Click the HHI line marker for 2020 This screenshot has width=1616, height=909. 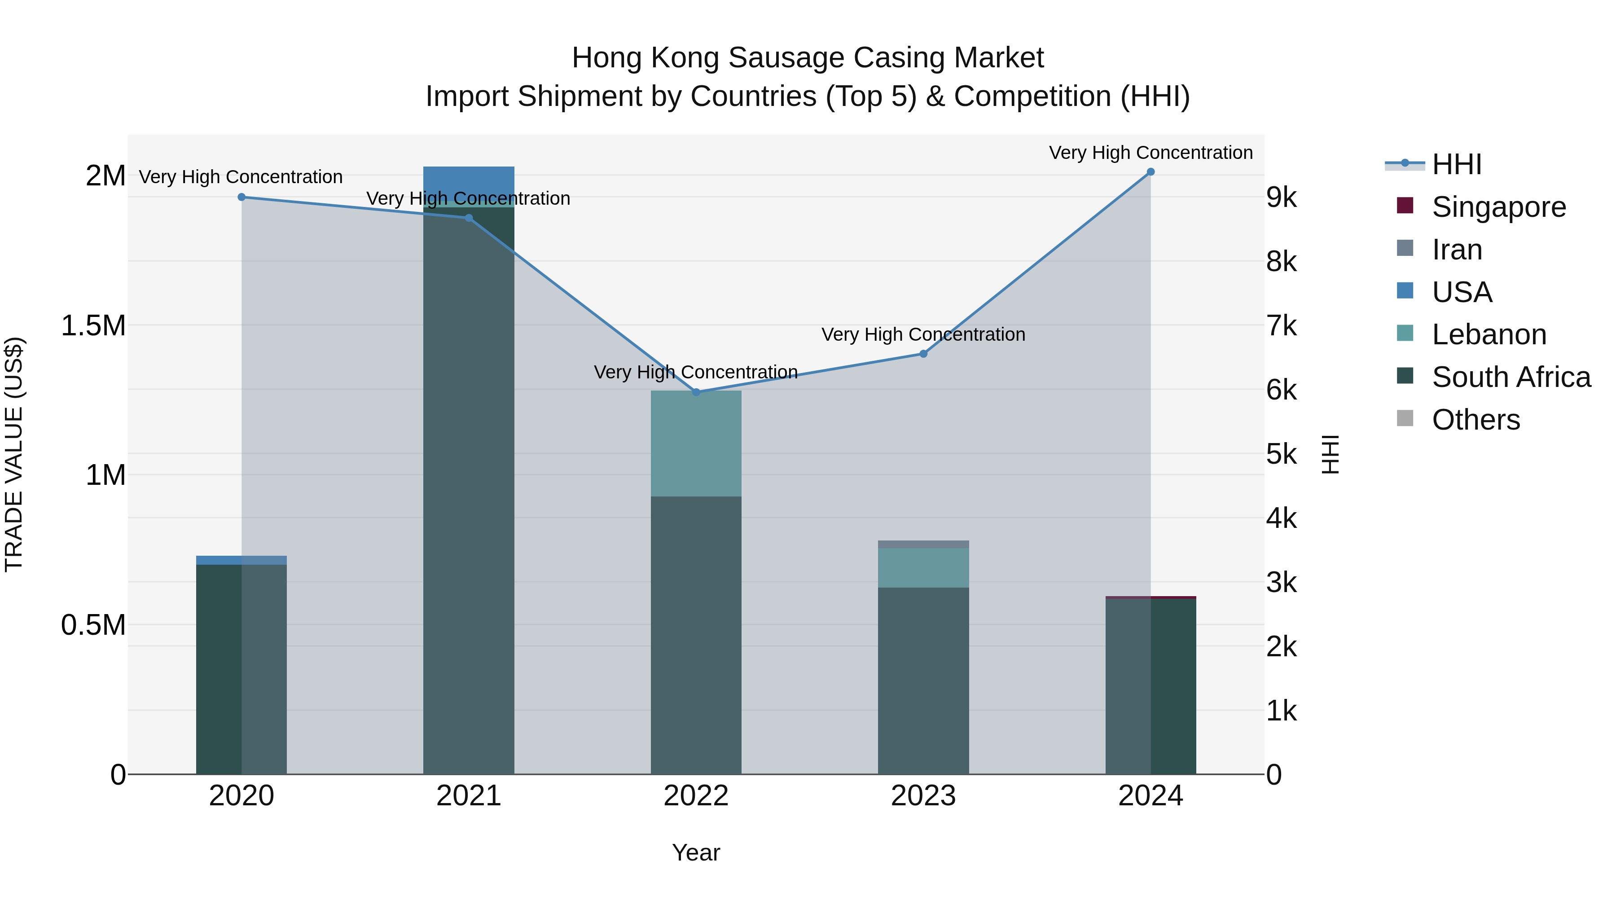click(x=242, y=197)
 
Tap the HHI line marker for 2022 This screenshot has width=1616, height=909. click(x=696, y=392)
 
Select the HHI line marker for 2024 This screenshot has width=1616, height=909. click(x=1151, y=172)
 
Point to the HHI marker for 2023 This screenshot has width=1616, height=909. click(x=923, y=354)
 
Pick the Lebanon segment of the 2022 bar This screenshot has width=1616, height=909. click(x=696, y=443)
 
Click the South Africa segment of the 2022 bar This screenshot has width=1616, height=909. click(x=696, y=633)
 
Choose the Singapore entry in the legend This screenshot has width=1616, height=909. click(x=1499, y=207)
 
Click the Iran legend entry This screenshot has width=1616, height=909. click(x=1457, y=250)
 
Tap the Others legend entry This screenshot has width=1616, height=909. click(x=1475, y=420)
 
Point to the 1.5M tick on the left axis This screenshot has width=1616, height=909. click(x=93, y=325)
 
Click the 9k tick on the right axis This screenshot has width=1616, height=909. click(x=1281, y=198)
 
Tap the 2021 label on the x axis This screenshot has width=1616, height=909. click(x=469, y=796)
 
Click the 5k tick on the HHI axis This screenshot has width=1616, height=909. click(x=1281, y=454)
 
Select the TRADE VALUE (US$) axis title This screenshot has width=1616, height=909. click(x=14, y=454)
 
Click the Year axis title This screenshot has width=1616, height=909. click(x=696, y=852)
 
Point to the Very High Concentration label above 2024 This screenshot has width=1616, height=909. click(x=1151, y=153)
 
